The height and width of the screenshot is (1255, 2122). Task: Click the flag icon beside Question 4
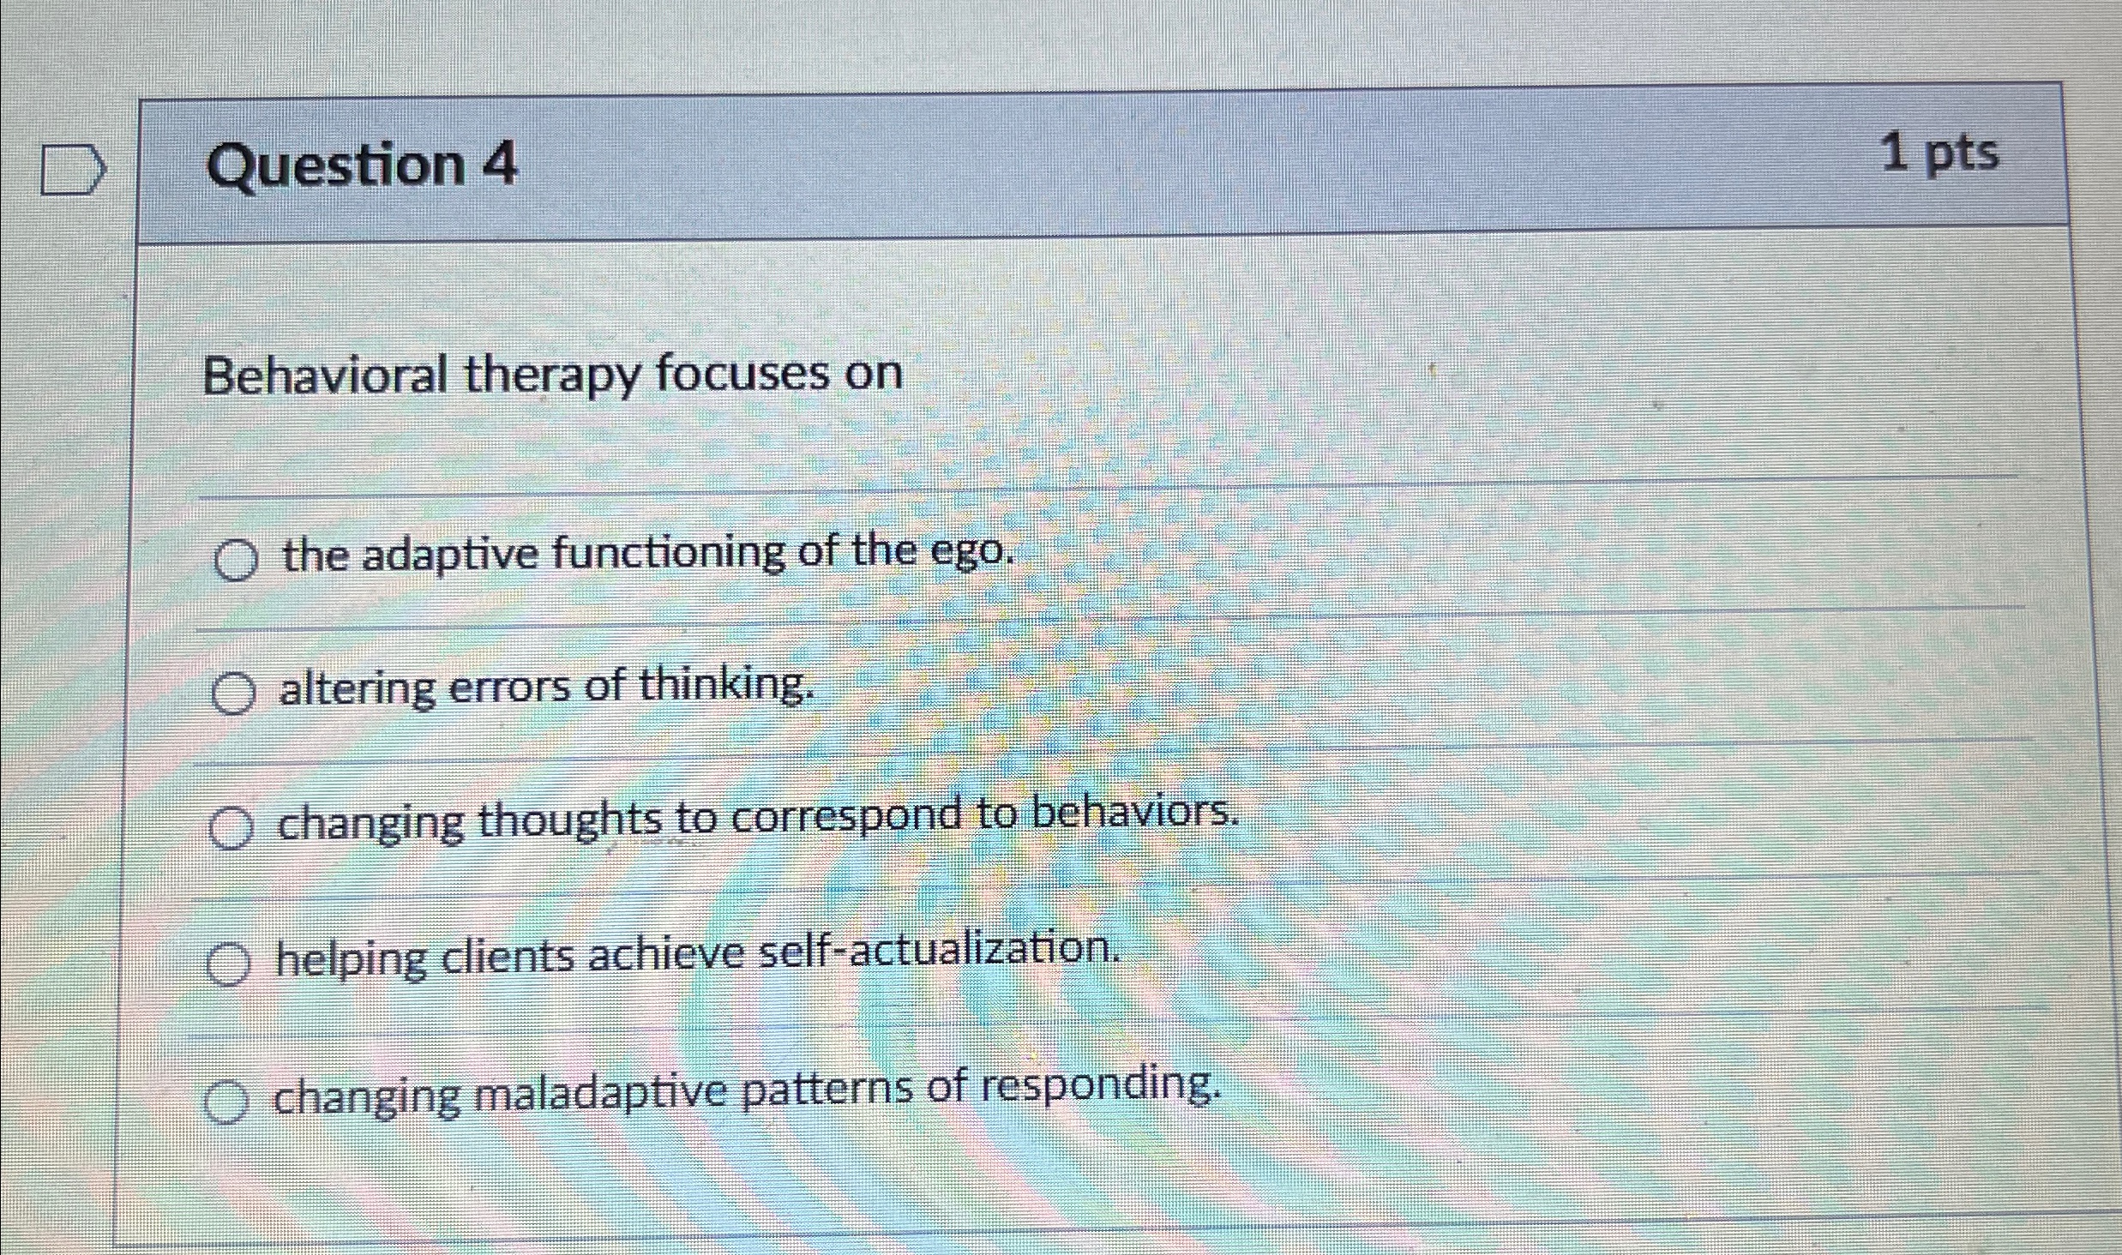pos(74,171)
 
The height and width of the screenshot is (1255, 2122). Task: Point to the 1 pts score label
pos(1939,154)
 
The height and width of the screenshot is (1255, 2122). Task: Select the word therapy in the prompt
pos(551,376)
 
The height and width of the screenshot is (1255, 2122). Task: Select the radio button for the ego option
pos(236,561)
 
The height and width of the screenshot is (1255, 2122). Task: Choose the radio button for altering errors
pos(233,694)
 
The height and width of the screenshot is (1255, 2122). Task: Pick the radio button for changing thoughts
pos(231,828)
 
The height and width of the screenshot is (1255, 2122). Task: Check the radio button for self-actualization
pos(228,964)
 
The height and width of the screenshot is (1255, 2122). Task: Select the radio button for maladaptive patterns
pos(226,1102)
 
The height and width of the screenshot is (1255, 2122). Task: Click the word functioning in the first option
pos(669,552)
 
